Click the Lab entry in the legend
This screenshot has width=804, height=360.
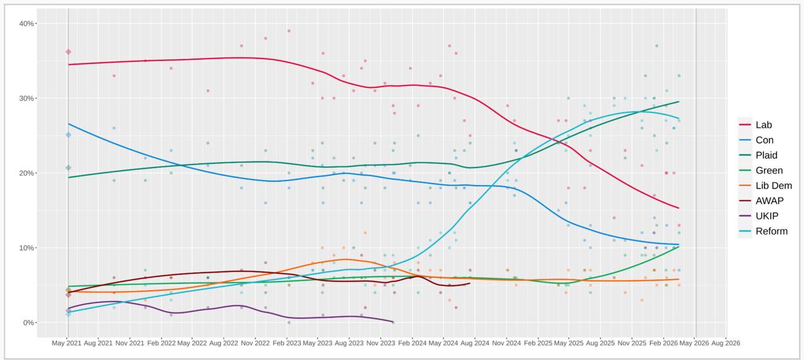pyautogui.click(x=764, y=125)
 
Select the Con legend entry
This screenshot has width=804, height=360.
pyautogui.click(x=764, y=140)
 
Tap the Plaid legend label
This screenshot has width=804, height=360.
pyautogui.click(x=766, y=155)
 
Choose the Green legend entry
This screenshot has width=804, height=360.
pyautogui.click(x=769, y=170)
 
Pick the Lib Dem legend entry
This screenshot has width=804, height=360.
pyautogui.click(x=773, y=185)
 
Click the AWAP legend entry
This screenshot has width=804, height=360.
pyautogui.click(x=769, y=201)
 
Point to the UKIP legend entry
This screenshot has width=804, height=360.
pyautogui.click(x=767, y=216)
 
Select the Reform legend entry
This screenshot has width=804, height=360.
pyautogui.click(x=771, y=231)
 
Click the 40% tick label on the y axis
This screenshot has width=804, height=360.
pyautogui.click(x=27, y=23)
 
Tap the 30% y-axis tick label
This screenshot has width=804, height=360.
pyautogui.click(x=27, y=98)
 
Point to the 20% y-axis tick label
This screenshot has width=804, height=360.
pyautogui.click(x=27, y=173)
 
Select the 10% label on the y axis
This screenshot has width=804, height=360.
pyautogui.click(x=27, y=248)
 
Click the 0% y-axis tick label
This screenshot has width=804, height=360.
pyautogui.click(x=29, y=322)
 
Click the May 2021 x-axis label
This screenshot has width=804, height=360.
pyautogui.click(x=67, y=343)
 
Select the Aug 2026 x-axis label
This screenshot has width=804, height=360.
pyautogui.click(x=725, y=343)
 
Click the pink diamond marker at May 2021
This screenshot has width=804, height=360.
pyautogui.click(x=68, y=52)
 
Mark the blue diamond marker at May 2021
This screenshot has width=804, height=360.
pyautogui.click(x=68, y=134)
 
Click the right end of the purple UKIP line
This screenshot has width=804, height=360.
pyautogui.click(x=393, y=322)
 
